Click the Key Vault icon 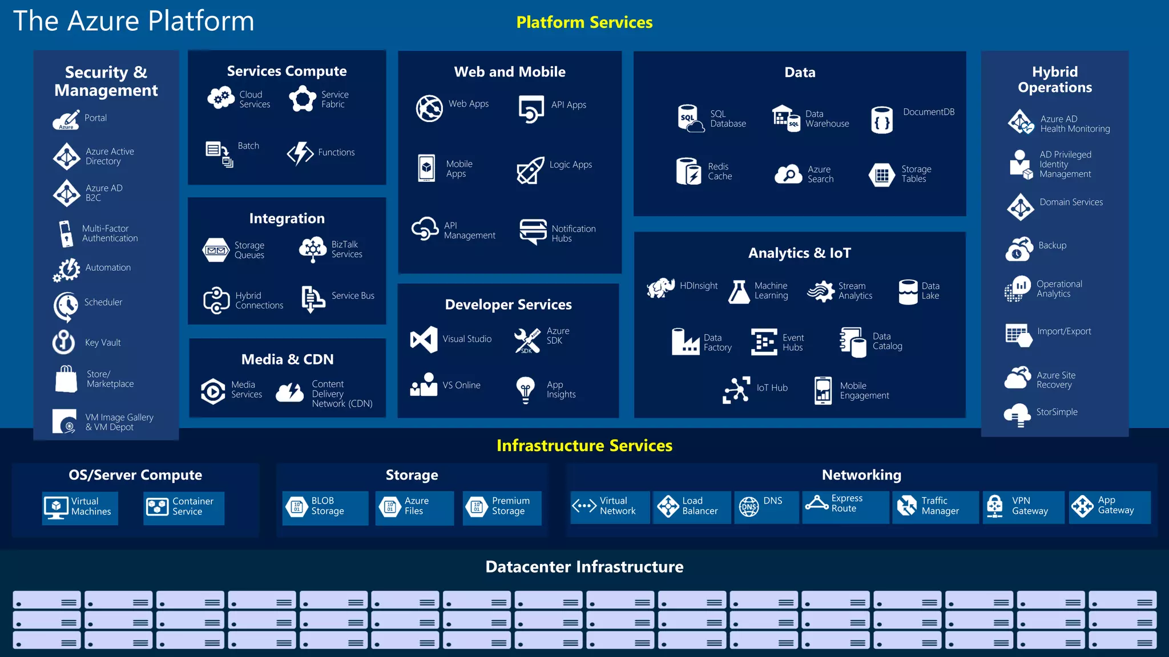click(x=64, y=342)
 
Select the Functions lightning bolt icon click(x=300, y=153)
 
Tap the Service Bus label click(x=353, y=295)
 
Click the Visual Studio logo click(x=424, y=339)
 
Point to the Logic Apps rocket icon click(x=530, y=170)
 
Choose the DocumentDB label click(x=928, y=112)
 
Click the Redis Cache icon click(x=688, y=171)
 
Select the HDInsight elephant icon click(x=660, y=288)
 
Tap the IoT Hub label click(x=772, y=388)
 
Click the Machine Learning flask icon click(x=739, y=291)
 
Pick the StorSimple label click(x=1057, y=412)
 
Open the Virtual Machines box click(x=80, y=507)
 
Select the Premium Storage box click(x=502, y=506)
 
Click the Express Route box click(x=845, y=505)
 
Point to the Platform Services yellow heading click(x=584, y=22)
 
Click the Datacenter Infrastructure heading click(x=584, y=566)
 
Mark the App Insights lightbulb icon click(x=525, y=390)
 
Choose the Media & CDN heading click(x=287, y=359)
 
